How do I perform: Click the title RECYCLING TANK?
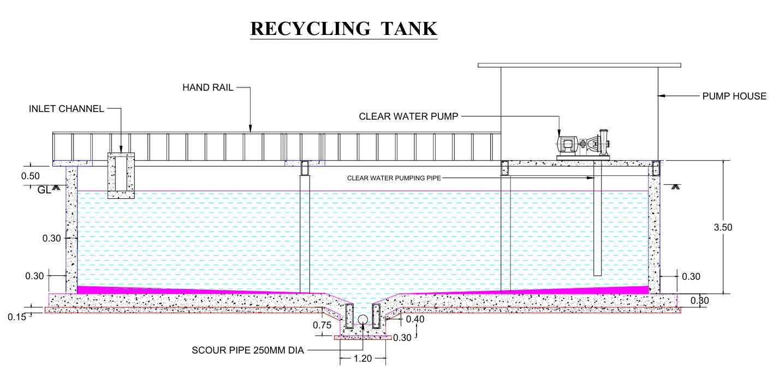[344, 28]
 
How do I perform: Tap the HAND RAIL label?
[208, 87]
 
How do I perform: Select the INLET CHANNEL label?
[66, 109]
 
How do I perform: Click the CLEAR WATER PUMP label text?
[409, 116]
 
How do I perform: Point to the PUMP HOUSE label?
[734, 96]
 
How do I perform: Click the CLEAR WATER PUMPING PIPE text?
[394, 178]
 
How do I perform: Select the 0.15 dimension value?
[17, 316]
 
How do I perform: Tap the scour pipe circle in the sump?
[362, 320]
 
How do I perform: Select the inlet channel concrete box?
[121, 175]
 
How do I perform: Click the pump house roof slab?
[579, 65]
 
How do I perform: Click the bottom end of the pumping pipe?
[597, 274]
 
